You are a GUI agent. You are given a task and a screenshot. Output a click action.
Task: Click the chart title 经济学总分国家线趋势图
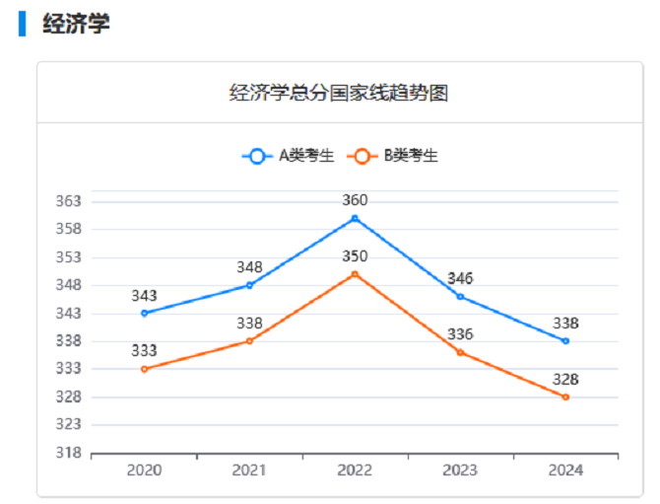339,94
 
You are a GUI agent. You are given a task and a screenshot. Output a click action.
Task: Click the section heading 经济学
76,24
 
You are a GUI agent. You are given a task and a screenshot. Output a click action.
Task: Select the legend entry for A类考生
288,156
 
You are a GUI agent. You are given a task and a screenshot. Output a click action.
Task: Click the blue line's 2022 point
355,218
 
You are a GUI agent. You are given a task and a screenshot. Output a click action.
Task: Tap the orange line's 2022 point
355,274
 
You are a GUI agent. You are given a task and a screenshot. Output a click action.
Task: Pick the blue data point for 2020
145,313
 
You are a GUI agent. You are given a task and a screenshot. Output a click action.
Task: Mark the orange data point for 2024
565,396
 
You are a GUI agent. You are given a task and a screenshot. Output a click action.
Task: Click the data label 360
355,200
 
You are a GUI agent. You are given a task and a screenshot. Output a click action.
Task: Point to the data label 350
355,256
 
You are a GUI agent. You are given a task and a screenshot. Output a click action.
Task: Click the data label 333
145,351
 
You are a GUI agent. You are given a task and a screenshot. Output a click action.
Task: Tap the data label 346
460,278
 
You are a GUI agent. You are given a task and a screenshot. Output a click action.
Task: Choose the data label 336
460,334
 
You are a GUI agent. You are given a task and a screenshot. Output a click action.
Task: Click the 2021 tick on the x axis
249,470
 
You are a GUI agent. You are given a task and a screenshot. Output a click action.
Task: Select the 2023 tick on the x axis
460,470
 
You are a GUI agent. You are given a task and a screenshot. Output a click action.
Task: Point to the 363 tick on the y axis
68,201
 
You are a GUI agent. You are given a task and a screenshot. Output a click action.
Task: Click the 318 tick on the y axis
68,453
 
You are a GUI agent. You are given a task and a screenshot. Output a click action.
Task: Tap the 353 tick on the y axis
68,257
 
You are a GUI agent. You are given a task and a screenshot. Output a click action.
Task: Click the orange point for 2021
249,340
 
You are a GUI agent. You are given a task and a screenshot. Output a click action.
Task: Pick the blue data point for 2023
460,296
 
